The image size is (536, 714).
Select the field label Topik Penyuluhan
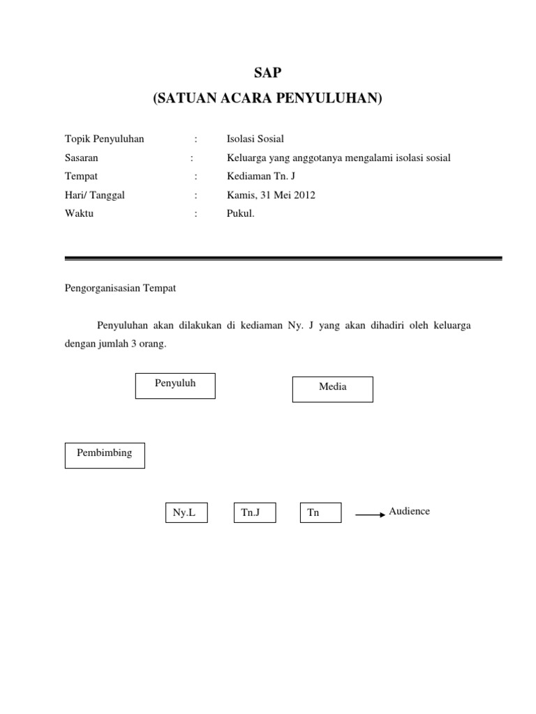[x=104, y=139]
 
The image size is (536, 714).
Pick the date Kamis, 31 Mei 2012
[x=271, y=195]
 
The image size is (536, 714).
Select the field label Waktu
[x=79, y=214]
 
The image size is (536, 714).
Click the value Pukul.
[x=241, y=214]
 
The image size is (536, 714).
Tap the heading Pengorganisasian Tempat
[x=120, y=287]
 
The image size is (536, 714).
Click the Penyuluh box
[x=175, y=386]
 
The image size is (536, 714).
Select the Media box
[x=332, y=389]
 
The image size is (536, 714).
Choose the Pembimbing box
[x=105, y=455]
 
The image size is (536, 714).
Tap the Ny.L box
[x=186, y=513]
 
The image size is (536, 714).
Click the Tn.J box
[x=254, y=513]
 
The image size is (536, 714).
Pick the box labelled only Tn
[x=320, y=513]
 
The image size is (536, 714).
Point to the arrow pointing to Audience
[x=370, y=515]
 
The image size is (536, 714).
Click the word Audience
[x=409, y=511]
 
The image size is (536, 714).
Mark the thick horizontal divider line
[x=283, y=258]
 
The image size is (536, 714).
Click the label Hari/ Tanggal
[x=94, y=195]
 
